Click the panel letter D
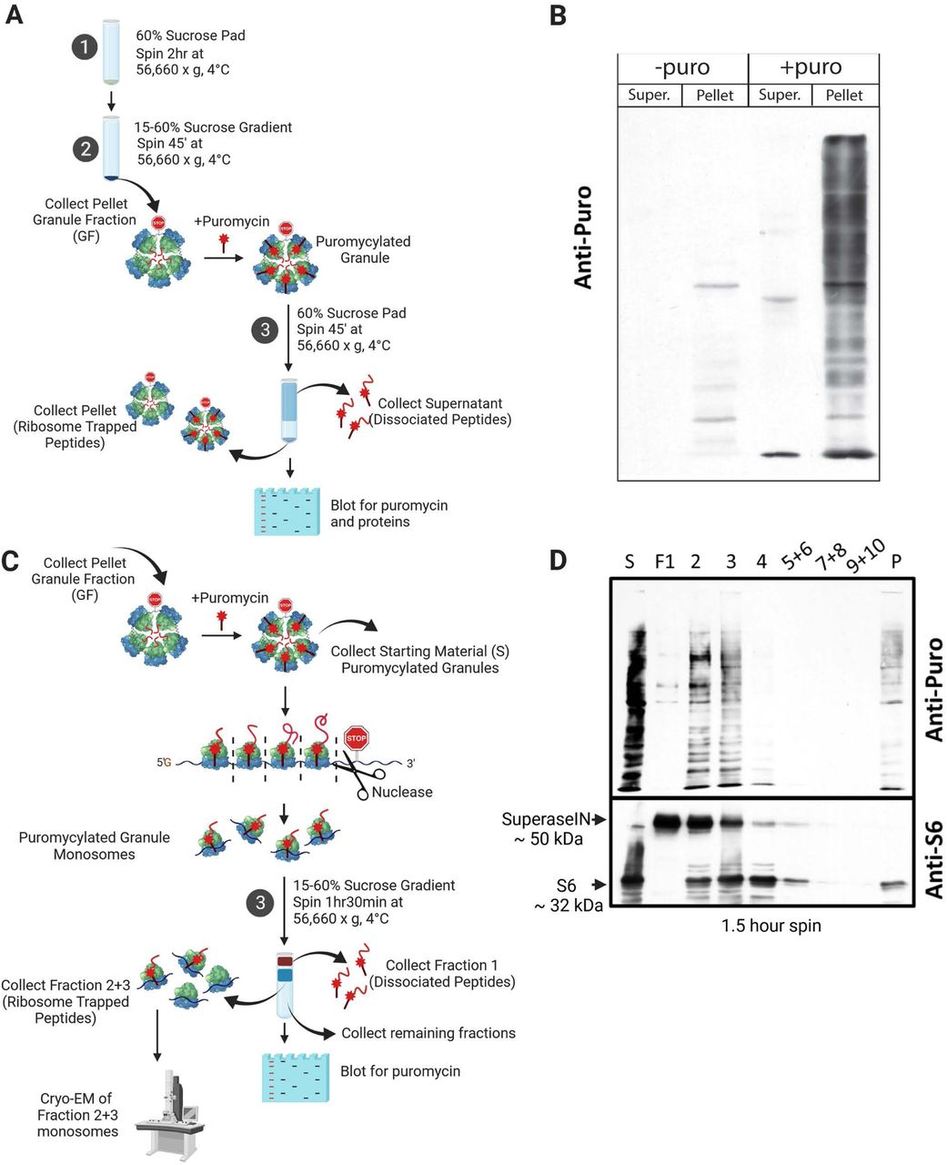[x=559, y=558]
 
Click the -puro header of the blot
[x=682, y=68]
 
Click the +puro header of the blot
[x=812, y=68]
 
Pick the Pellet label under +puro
[x=844, y=96]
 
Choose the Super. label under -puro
[x=650, y=96]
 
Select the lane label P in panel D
[x=896, y=562]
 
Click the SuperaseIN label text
[x=543, y=819]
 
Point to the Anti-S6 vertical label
[x=932, y=859]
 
